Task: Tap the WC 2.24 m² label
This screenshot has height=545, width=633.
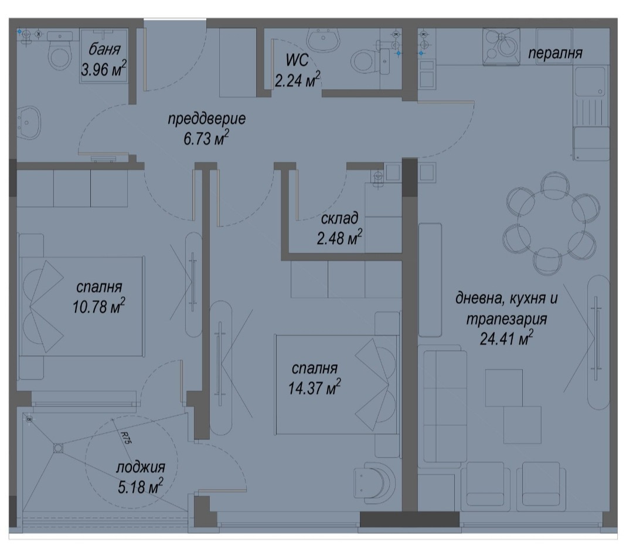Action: pyautogui.click(x=298, y=70)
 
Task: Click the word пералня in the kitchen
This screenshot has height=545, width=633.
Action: pyautogui.click(x=555, y=53)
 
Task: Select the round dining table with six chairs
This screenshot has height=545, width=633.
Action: pyautogui.click(x=549, y=224)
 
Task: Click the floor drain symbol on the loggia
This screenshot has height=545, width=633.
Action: pyautogui.click(x=57, y=448)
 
